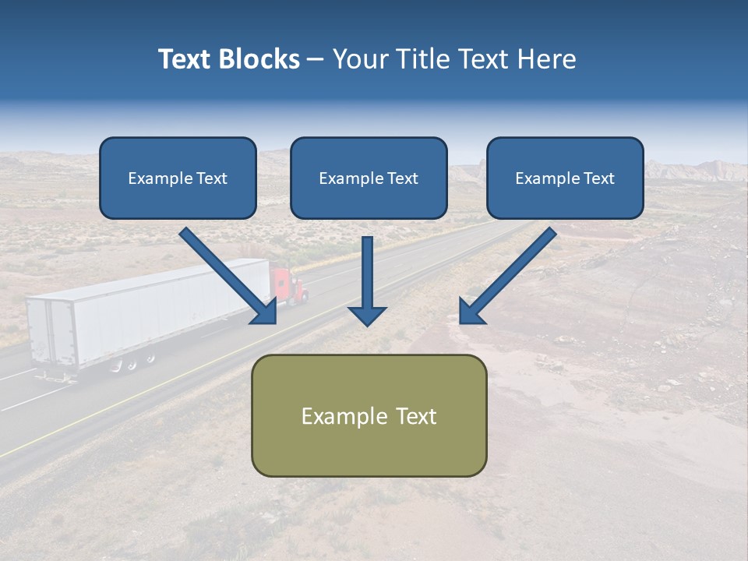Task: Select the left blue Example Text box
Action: point(178,178)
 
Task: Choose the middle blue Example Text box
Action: point(369,178)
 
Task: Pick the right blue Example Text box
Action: point(565,178)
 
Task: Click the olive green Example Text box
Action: point(369,415)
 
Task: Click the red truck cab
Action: point(288,285)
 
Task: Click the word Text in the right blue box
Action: point(598,178)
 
